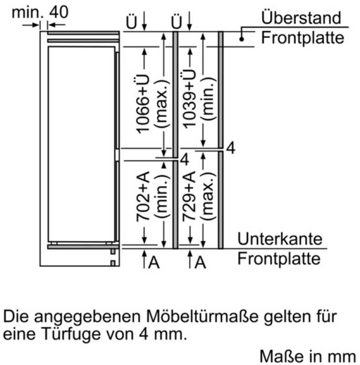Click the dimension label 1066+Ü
142,104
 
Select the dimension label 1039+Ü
188,99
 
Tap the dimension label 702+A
142,196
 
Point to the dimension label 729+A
188,196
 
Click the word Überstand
301,17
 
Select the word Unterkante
280,239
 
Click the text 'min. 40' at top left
40,12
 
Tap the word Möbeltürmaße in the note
202,316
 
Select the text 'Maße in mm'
308,356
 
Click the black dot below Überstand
242,39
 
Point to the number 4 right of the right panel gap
231,148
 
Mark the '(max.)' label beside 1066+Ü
162,104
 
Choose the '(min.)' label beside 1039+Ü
208,99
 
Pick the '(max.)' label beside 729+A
208,196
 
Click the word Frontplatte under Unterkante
279,258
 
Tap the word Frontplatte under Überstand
303,37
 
